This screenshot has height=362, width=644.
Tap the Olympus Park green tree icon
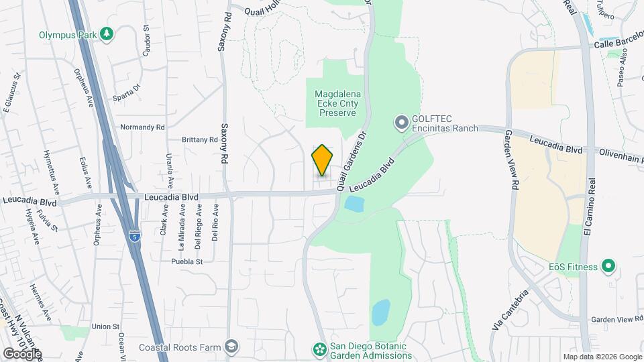tap(106, 34)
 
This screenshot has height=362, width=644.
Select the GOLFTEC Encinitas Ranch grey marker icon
tap(401, 122)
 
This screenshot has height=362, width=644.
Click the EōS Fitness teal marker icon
tap(608, 267)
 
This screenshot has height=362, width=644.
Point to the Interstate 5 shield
tap(136, 237)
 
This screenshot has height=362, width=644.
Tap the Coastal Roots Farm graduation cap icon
tap(231, 347)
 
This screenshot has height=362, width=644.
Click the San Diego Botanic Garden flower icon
tap(320, 349)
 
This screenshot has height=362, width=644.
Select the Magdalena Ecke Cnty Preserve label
tap(337, 104)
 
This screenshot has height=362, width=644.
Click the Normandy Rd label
tap(142, 127)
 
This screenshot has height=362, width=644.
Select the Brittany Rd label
tap(200, 139)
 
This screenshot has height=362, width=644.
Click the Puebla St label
tap(186, 261)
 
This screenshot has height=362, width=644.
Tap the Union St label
tap(105, 326)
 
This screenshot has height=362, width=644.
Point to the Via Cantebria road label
tap(511, 309)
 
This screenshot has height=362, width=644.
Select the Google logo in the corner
tap(22, 353)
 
